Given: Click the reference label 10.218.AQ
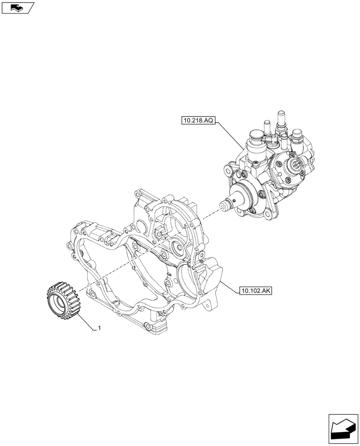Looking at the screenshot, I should (x=198, y=120).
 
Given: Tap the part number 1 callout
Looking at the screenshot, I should (x=99, y=328).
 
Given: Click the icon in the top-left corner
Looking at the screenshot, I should (x=18, y=8).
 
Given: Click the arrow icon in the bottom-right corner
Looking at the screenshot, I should (x=343, y=428).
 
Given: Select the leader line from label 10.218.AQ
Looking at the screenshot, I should (x=230, y=135).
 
